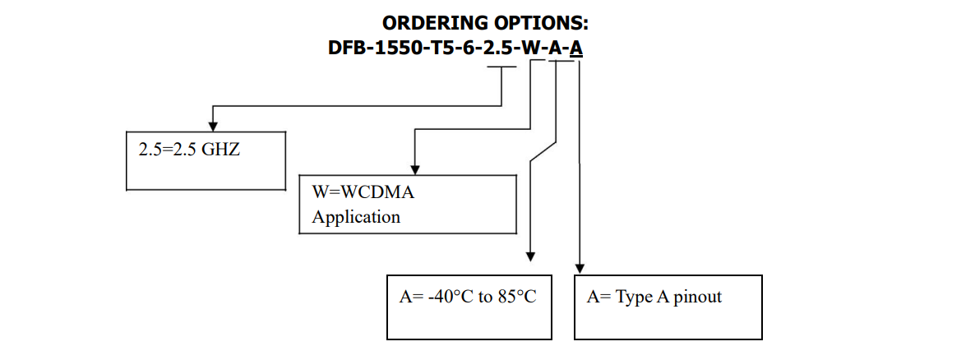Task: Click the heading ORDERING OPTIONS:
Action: coord(485,23)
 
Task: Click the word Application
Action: coord(356,217)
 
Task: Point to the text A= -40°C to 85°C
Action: coord(468,297)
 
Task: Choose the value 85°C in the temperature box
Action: coord(517,297)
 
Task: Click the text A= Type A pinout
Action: coord(654,297)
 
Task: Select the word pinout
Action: coord(697,298)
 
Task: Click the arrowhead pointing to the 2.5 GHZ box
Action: coord(213,125)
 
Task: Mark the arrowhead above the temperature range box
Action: coord(530,256)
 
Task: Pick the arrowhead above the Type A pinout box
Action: coord(580,267)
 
